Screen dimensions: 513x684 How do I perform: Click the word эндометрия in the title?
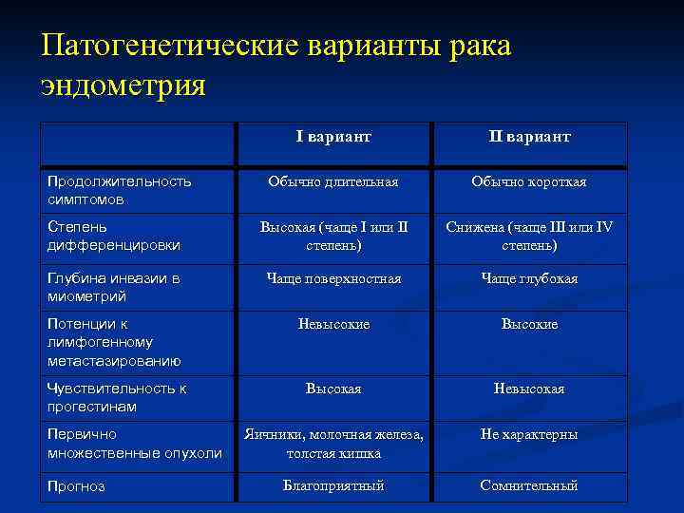point(123,85)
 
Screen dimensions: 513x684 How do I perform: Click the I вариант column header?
point(333,137)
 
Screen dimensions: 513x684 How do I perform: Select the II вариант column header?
point(529,137)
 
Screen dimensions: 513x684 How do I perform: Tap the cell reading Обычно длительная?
point(333,181)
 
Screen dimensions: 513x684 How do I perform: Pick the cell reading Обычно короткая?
point(529,181)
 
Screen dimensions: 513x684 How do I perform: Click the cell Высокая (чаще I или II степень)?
point(333,237)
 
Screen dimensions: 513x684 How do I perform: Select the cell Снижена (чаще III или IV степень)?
point(529,237)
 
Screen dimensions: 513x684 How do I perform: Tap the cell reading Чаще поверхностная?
point(333,278)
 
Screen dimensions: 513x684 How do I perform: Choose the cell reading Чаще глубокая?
point(529,278)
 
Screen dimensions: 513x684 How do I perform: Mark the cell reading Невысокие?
point(333,324)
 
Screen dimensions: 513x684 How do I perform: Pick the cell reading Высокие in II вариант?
point(529,324)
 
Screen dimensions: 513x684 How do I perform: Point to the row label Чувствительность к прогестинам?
point(117,397)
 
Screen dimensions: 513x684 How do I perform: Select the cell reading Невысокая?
point(529,389)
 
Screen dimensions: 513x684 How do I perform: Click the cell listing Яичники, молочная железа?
point(333,444)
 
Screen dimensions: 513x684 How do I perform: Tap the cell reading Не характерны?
point(529,434)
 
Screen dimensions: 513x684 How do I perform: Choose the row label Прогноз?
point(76,486)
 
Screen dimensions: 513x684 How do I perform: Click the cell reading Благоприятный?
point(333,485)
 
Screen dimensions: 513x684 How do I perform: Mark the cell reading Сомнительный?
point(529,485)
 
